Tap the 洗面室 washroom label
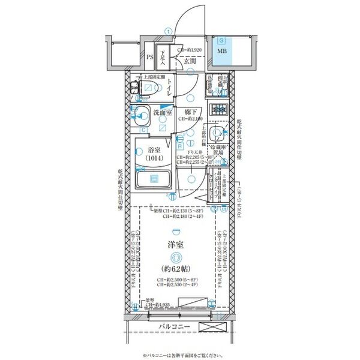(162, 112)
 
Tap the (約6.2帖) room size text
(175, 268)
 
